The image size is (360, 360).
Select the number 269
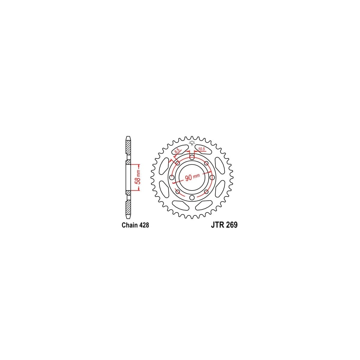(x=231, y=225)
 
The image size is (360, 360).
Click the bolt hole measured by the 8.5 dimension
(x=177, y=163)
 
